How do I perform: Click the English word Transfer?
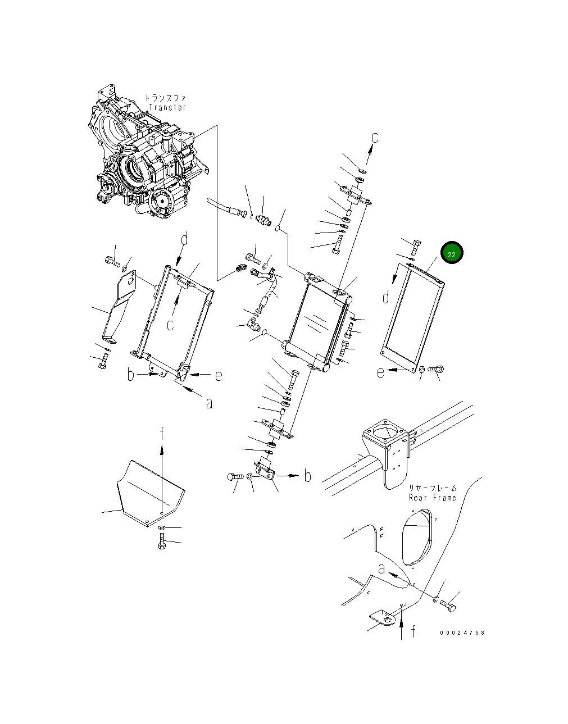pyautogui.click(x=167, y=107)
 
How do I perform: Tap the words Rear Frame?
pyautogui.click(x=433, y=498)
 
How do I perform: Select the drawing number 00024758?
pyautogui.click(x=462, y=632)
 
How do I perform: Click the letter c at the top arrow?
pyautogui.click(x=375, y=137)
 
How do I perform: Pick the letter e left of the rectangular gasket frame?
pyautogui.click(x=381, y=372)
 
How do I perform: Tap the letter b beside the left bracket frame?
pyautogui.click(x=130, y=374)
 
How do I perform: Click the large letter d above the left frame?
pyautogui.click(x=185, y=239)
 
